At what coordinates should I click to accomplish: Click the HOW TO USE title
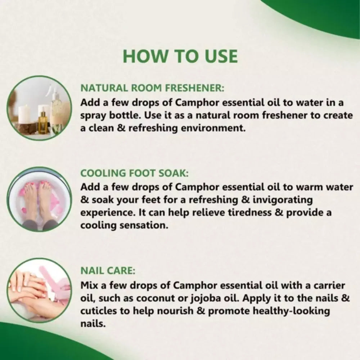click(x=180, y=56)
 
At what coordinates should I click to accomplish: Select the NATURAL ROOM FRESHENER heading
click(x=153, y=89)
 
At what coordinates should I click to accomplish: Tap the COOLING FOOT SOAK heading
click(x=134, y=173)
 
